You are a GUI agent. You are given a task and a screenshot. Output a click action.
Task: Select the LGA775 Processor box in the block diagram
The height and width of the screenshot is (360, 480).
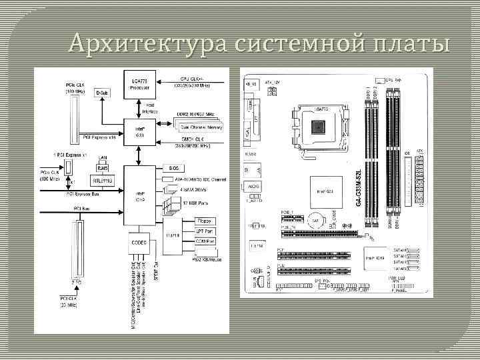pos(138,83)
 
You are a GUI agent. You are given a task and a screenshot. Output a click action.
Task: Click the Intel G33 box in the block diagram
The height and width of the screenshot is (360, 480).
pos(139,131)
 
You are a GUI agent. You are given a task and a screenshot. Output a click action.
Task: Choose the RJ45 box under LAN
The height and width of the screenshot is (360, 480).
pos(102,168)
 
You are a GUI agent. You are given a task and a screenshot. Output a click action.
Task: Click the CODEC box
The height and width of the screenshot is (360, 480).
pos(139,242)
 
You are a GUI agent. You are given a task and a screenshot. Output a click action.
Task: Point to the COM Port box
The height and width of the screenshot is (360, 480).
pos(205,241)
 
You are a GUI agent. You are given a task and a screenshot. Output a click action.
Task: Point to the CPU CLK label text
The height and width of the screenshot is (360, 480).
pos(194,79)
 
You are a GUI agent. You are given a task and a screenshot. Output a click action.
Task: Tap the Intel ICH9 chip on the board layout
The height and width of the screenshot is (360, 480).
pos(373,257)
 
